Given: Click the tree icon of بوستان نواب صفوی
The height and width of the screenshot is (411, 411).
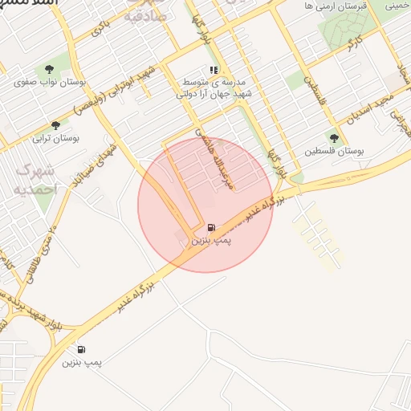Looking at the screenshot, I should [x=51, y=69].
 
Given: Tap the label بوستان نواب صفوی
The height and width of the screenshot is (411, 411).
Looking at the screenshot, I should [x=51, y=83].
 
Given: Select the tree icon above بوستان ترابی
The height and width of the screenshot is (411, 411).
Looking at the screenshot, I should [x=55, y=124].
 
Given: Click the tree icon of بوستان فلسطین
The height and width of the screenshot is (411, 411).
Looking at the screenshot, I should [x=334, y=138].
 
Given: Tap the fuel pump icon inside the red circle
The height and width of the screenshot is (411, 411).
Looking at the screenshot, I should [x=210, y=227].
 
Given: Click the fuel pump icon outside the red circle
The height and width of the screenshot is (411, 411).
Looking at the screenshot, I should [x=81, y=349].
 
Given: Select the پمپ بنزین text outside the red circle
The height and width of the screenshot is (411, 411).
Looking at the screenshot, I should [x=83, y=363].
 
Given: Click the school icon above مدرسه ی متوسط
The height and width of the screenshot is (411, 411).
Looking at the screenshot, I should [x=214, y=69].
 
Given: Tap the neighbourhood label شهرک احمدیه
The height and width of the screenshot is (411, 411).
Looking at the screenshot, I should [x=35, y=179].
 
